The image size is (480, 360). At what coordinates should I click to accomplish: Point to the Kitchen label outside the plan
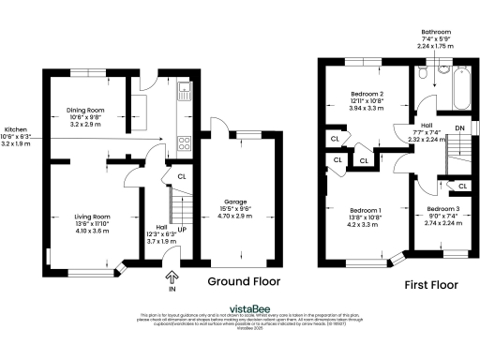pyautogui.click(x=16, y=129)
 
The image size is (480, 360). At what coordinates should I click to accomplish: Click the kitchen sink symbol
pyautogui.click(x=185, y=92)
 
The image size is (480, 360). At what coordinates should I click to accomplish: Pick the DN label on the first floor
pyautogui.click(x=458, y=127)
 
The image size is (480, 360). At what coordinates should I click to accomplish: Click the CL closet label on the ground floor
pyautogui.click(x=182, y=175)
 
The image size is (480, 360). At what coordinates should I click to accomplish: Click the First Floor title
pyautogui.click(x=429, y=283)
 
